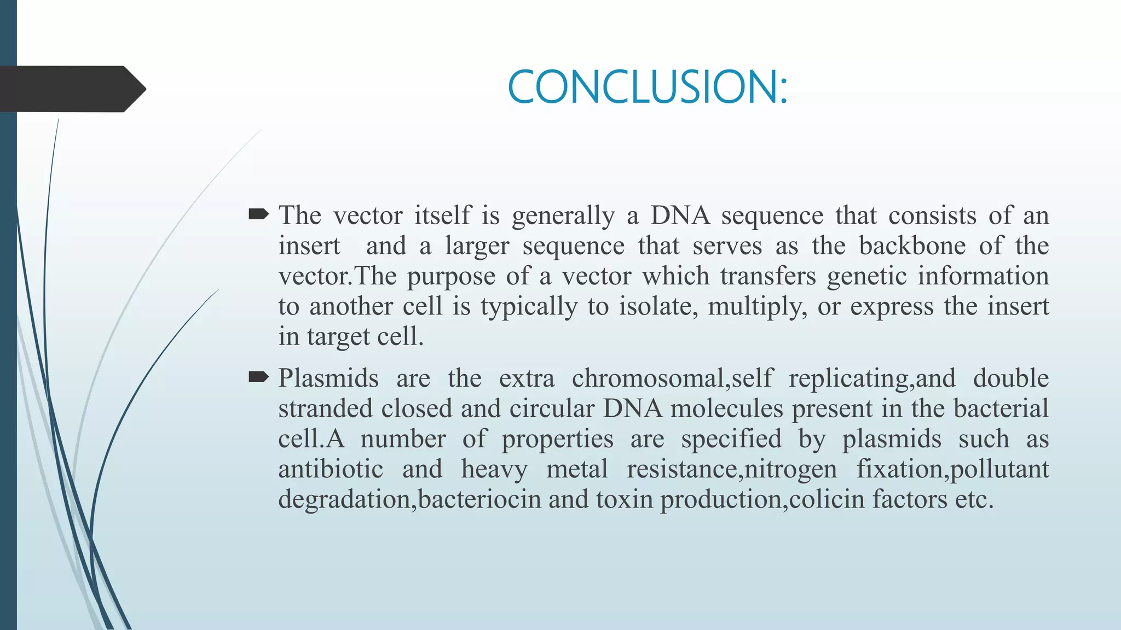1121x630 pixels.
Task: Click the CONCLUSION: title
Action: click(647, 87)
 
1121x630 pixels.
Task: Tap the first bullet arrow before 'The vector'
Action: click(258, 214)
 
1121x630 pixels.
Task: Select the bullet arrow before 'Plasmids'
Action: click(258, 377)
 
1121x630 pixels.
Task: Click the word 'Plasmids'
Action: click(328, 378)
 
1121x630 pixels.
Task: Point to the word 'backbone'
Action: click(912, 246)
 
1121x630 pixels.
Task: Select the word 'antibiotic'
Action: click(331, 469)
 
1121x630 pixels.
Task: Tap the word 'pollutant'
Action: click(999, 470)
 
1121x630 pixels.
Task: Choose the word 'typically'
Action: click(529, 307)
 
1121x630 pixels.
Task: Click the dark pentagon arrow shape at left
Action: click(71, 89)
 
